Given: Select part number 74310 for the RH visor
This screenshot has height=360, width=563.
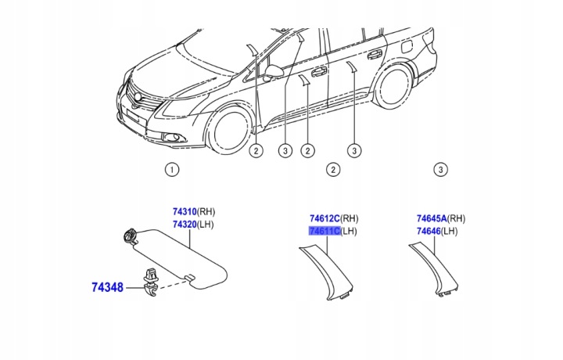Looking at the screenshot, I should [x=184, y=211].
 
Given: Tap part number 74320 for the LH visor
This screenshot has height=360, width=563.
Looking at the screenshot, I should [x=184, y=225].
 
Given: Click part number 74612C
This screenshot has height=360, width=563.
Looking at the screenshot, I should [x=325, y=218].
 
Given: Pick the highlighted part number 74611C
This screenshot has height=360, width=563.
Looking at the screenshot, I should [x=325, y=232].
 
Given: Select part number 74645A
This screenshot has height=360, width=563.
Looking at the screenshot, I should [x=431, y=218].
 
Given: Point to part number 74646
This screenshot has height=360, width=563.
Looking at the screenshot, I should [x=428, y=232].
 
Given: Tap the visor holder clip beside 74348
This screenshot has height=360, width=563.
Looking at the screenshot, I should [x=149, y=281].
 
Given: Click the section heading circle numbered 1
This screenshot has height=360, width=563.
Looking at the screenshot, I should [x=172, y=169].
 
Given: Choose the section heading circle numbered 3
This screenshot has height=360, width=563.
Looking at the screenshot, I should [x=440, y=169].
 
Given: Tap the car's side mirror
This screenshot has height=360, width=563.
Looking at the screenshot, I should [x=274, y=71].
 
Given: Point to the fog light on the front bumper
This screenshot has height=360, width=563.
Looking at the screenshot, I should [x=170, y=139].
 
